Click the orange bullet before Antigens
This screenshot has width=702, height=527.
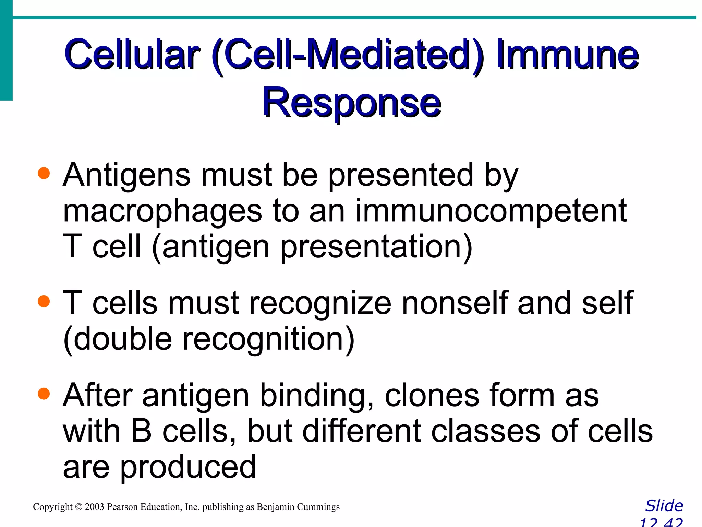click(44, 173)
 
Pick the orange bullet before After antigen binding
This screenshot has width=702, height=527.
click(44, 394)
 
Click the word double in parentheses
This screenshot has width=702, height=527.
click(122, 339)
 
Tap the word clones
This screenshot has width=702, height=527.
click(432, 395)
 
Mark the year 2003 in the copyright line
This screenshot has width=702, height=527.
click(94, 507)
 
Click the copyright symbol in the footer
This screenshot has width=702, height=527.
click(79, 507)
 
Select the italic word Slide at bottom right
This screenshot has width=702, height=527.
click(664, 506)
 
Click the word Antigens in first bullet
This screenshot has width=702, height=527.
click(126, 175)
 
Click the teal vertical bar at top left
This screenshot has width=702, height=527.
click(6, 51)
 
